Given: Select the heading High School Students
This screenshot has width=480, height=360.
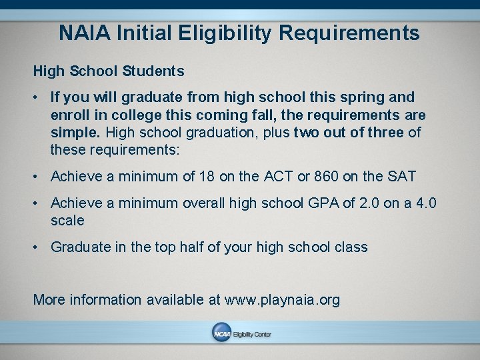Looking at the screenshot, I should pyautogui.click(x=109, y=70).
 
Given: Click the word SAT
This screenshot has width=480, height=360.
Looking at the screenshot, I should pyautogui.click(x=401, y=177).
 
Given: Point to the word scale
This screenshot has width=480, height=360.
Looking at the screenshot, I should pyautogui.click(x=67, y=220).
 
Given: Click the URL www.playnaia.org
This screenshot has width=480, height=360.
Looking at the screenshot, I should pyautogui.click(x=283, y=300).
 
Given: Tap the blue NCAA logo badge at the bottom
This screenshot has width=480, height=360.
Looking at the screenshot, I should pyautogui.click(x=221, y=333).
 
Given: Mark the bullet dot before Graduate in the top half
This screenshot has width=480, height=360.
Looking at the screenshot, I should pyautogui.click(x=39, y=247).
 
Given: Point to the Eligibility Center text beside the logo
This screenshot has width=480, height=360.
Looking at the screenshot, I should pyautogui.click(x=251, y=334).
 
